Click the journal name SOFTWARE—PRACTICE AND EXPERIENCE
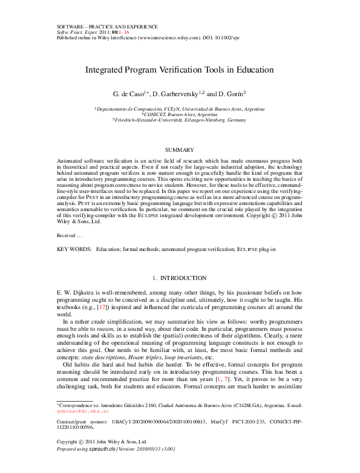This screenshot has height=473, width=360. (107, 27)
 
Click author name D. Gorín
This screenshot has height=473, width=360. (231, 95)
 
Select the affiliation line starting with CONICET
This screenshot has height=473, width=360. (180, 114)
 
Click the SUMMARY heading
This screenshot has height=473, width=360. (180, 149)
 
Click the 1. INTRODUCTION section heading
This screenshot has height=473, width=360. (180, 278)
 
